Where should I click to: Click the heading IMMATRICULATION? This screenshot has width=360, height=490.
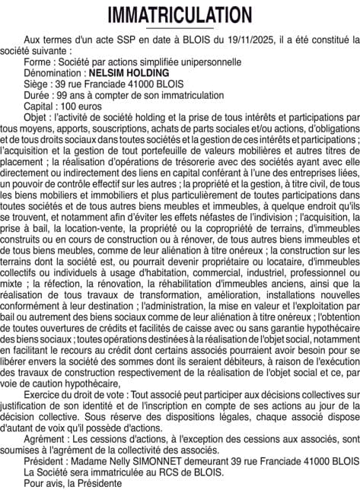(180, 16)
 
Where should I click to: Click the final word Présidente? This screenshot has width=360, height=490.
(104, 483)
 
